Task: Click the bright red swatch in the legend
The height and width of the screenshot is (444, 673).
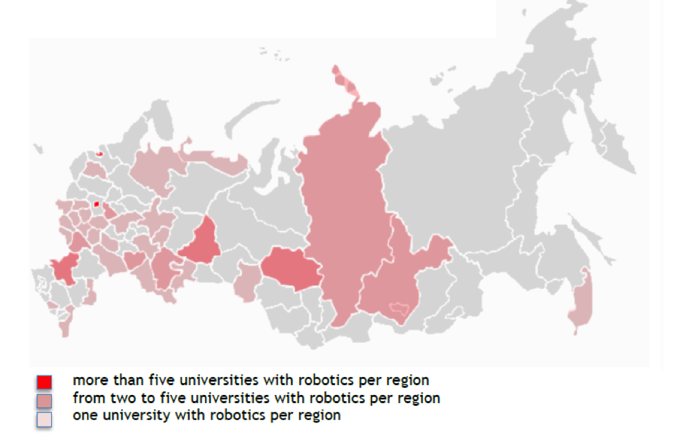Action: (x=44, y=382)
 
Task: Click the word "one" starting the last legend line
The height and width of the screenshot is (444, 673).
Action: (x=84, y=416)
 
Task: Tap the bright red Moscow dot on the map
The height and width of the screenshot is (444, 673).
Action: (x=96, y=204)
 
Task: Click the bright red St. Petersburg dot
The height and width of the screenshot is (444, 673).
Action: (x=99, y=154)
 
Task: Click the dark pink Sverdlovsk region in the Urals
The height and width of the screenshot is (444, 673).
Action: (x=202, y=243)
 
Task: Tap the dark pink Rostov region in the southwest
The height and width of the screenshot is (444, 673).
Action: (x=64, y=268)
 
